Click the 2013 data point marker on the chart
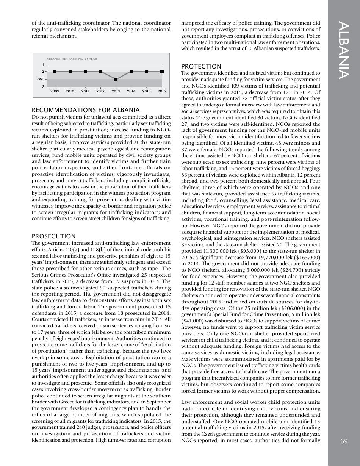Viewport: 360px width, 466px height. tap(116, 79)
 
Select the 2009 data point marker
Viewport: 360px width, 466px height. tap(55, 71)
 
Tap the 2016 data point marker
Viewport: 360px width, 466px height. tap(162, 71)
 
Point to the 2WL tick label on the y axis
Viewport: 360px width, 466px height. tap(40, 79)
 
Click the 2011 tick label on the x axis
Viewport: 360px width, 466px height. tap(85, 91)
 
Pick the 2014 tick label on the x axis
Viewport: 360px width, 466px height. tap(131, 91)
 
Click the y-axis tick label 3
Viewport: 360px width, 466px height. tap(43, 87)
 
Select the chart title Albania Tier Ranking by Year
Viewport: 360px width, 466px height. tap(72, 59)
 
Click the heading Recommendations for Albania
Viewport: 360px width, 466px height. tap(87, 110)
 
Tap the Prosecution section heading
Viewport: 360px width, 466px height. tap(53, 236)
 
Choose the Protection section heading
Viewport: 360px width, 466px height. tap(201, 66)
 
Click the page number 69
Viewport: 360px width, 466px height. tap(344, 441)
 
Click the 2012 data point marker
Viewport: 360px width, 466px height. tap(100, 71)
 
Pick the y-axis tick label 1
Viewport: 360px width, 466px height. tap(43, 64)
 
